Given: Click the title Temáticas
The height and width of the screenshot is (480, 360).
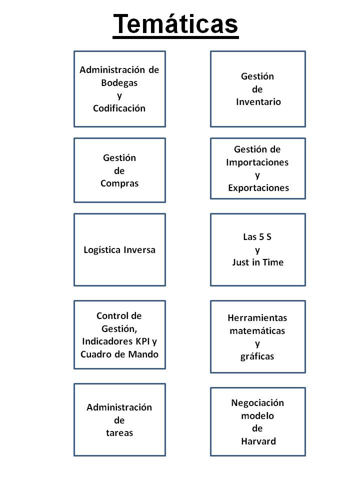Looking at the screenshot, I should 175,23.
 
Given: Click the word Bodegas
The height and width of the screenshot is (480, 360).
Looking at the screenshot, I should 119,82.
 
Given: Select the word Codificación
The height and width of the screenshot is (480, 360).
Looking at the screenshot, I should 119,108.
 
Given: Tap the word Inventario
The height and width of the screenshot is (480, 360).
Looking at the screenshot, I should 258,102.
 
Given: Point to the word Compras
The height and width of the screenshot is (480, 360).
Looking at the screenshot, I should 119,183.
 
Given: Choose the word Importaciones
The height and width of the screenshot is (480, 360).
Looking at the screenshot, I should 257,162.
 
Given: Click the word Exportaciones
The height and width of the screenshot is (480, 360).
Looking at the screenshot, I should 258,188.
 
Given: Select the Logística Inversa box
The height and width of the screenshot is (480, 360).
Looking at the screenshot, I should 119,249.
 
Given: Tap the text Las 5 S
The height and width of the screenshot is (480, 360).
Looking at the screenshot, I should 257,236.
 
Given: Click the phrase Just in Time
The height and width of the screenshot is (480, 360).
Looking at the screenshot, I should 257,262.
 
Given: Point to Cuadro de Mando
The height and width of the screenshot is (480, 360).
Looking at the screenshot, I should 119,354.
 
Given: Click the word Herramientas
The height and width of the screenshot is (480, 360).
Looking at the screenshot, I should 257,318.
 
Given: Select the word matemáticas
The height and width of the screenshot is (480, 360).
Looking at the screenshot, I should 257,330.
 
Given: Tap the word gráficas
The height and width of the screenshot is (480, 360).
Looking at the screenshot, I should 257,356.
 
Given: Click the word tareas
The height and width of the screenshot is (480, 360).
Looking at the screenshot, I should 119,433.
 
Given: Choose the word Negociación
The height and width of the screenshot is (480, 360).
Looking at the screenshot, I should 257,402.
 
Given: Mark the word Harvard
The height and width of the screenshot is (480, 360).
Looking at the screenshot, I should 258,441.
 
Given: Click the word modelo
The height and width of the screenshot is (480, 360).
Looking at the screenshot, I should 257,415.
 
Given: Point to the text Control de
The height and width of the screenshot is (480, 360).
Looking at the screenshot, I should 119,316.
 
